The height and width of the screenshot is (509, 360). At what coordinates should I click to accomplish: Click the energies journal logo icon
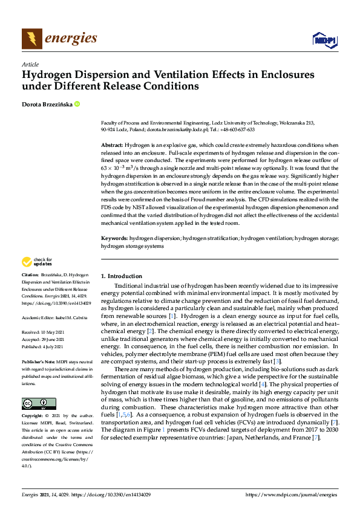(31, 39)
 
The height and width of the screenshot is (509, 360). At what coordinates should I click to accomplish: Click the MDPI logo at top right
(325, 40)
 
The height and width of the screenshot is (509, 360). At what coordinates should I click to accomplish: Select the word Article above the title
(30, 64)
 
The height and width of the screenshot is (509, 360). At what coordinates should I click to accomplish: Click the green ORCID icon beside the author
(77, 104)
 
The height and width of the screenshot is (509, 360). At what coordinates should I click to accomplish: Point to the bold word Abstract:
(111, 146)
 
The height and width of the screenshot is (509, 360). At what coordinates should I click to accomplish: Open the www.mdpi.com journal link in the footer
(292, 494)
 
